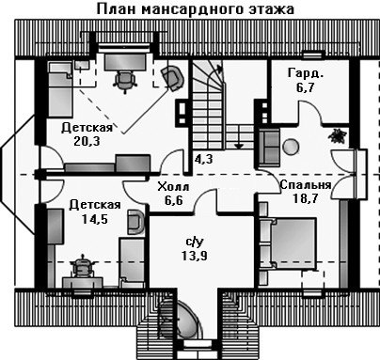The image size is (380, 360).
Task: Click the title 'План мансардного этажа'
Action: pos(195,8)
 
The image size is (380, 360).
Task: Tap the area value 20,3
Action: pos(87,141)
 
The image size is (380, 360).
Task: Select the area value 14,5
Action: pos(95,219)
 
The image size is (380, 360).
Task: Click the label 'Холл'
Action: pos(173,187)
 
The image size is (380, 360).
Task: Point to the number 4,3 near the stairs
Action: pos(203,159)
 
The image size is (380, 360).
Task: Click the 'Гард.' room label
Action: pos(306,73)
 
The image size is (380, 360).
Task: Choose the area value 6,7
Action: pos(305,87)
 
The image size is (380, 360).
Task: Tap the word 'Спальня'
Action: pos(306,184)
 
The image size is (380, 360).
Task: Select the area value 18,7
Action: pos(306,198)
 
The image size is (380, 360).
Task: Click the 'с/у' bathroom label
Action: pos(195,242)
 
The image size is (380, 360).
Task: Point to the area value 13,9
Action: pos(195,256)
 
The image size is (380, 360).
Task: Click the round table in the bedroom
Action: pos(291,147)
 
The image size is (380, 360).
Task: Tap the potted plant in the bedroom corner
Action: pos(337,135)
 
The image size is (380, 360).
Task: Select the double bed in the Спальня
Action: pos(288,243)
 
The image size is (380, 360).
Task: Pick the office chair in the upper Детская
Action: pos(125,82)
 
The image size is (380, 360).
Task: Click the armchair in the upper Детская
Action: pos(172,77)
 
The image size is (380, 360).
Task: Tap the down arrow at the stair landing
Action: pos(239,146)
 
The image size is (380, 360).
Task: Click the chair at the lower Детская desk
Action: pos(82,266)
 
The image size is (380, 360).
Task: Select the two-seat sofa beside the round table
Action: pos(269,147)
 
